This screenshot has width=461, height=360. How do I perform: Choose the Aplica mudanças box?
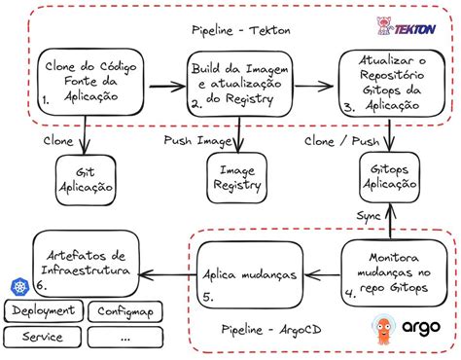(247, 268)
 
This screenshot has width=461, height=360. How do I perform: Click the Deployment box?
(44, 311)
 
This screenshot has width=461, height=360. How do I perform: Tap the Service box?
(44, 338)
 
